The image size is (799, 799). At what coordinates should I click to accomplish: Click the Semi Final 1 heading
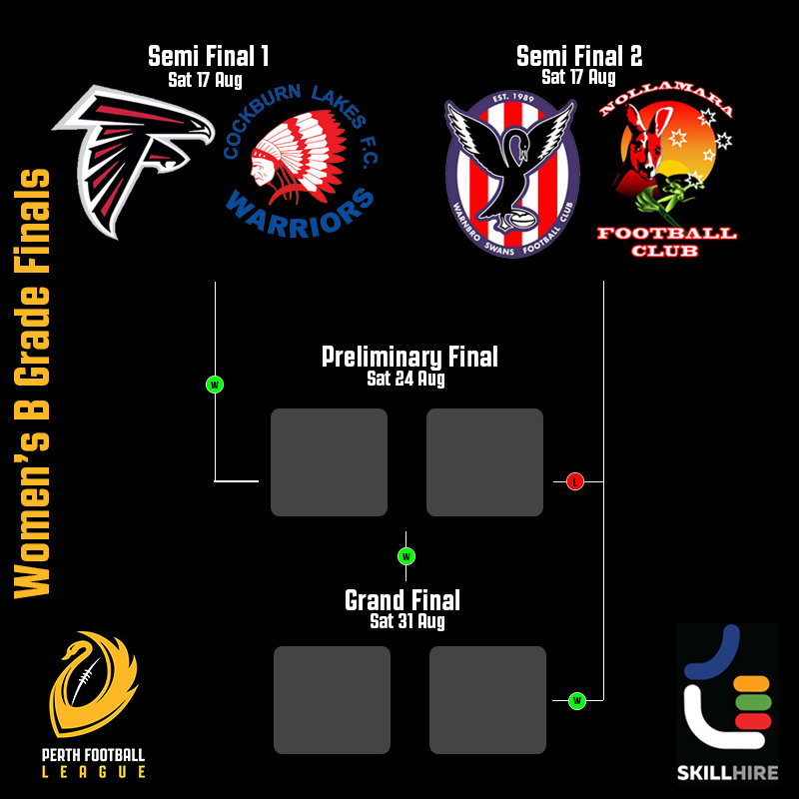[208, 56]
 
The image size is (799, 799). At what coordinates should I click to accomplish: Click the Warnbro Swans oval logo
[512, 173]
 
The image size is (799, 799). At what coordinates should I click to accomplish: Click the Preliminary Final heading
[409, 357]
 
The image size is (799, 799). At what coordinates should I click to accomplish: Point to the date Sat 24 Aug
[405, 380]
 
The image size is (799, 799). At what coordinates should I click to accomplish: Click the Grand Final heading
[402, 600]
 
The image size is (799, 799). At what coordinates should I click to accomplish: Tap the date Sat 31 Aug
[405, 621]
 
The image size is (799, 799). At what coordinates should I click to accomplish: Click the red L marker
[574, 481]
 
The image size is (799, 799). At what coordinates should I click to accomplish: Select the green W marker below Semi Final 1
[215, 384]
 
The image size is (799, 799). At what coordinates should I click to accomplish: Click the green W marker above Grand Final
[405, 556]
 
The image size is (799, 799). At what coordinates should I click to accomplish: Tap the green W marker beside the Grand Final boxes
[576, 701]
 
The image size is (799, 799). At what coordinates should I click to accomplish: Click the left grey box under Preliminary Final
[329, 462]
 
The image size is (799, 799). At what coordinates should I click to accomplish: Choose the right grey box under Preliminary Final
[484, 462]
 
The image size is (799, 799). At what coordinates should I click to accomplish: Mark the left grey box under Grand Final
[332, 700]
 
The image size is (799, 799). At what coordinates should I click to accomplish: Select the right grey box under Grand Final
[487, 700]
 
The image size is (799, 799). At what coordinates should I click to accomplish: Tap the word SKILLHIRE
[727, 773]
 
